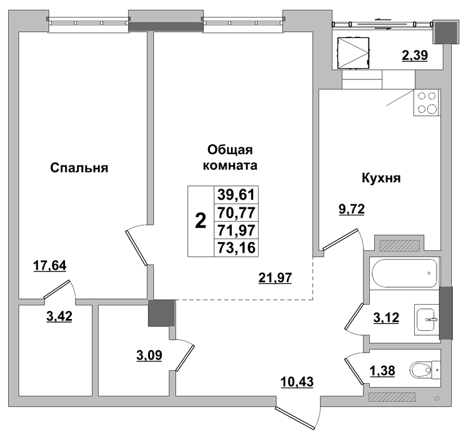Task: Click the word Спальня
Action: (79, 168)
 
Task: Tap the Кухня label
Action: (381, 178)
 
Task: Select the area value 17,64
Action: (49, 265)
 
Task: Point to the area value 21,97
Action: (275, 278)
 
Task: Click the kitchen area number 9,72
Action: (352, 209)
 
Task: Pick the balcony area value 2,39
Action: (415, 56)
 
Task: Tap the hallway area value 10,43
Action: (297, 381)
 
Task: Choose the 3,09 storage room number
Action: (149, 355)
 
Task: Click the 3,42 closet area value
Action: (59, 316)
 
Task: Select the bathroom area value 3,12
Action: (386, 318)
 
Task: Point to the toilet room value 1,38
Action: (382, 370)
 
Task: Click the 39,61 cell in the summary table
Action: (236, 195)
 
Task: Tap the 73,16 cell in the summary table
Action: (236, 247)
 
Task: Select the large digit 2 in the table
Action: (201, 222)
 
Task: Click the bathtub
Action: (404, 273)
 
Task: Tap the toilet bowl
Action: (424, 370)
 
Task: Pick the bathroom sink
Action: (426, 320)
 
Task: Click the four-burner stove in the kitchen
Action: (427, 102)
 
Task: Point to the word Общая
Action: (230, 150)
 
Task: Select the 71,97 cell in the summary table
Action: (236, 230)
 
